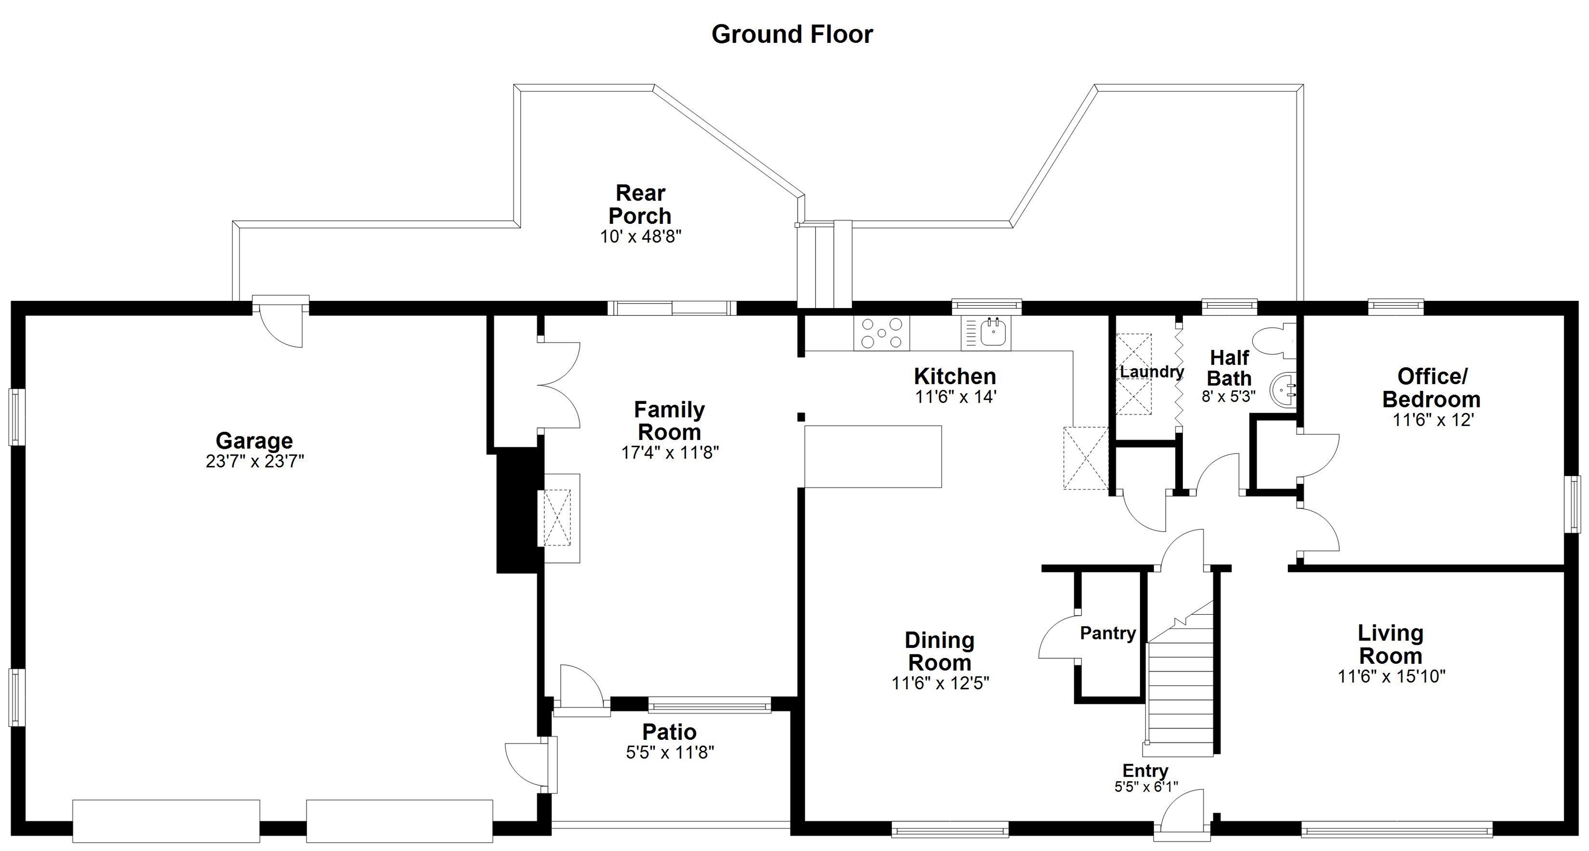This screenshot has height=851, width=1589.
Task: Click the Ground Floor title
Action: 792,35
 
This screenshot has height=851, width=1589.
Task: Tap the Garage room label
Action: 254,440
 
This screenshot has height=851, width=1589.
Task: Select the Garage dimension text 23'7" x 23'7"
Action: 255,461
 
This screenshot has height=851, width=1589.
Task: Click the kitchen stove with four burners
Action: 881,333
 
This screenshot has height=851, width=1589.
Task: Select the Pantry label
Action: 1108,633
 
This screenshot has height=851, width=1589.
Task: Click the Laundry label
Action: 1151,372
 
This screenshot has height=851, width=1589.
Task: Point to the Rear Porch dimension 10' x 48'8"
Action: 640,236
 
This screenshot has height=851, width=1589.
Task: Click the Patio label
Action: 669,732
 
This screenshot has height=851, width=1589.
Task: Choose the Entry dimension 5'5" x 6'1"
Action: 1146,786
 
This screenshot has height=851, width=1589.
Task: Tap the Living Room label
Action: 1390,644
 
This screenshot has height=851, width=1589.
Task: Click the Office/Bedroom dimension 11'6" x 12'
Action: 1433,420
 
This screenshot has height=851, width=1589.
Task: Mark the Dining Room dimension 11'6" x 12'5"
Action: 940,682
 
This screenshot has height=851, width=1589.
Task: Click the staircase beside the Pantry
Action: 1179,678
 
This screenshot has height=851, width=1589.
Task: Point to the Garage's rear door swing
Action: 281,326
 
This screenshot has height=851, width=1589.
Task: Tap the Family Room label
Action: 669,420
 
